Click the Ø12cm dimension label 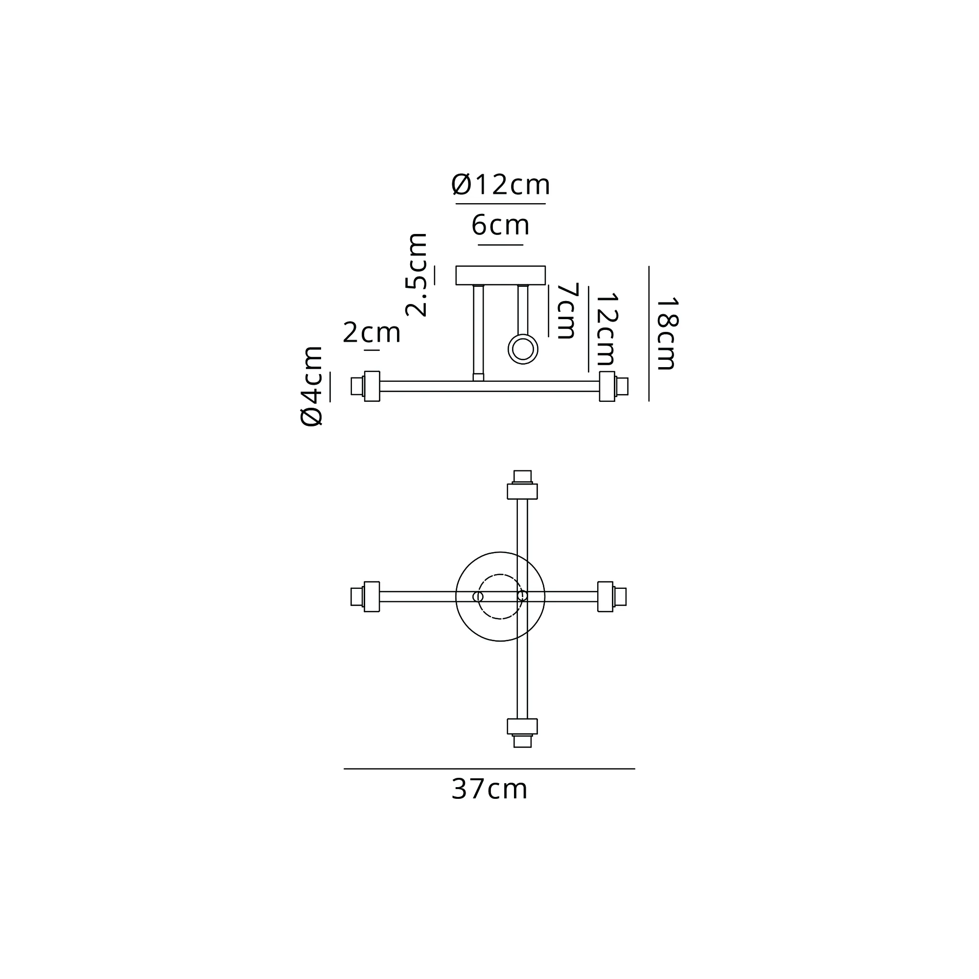[x=501, y=185]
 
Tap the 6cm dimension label [x=501, y=226]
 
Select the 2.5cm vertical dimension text [x=417, y=275]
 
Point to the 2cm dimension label [x=372, y=333]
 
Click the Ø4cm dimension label [x=312, y=387]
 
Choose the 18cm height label [x=666, y=334]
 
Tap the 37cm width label [x=489, y=789]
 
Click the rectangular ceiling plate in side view [x=501, y=275]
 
